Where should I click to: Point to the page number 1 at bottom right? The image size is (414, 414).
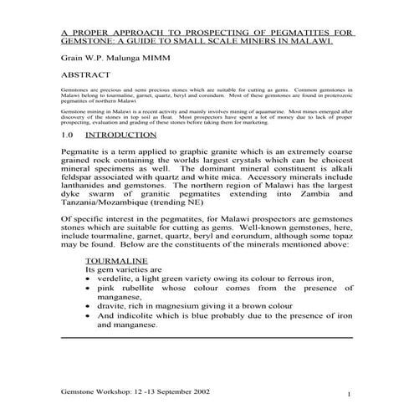pos(348,393)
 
